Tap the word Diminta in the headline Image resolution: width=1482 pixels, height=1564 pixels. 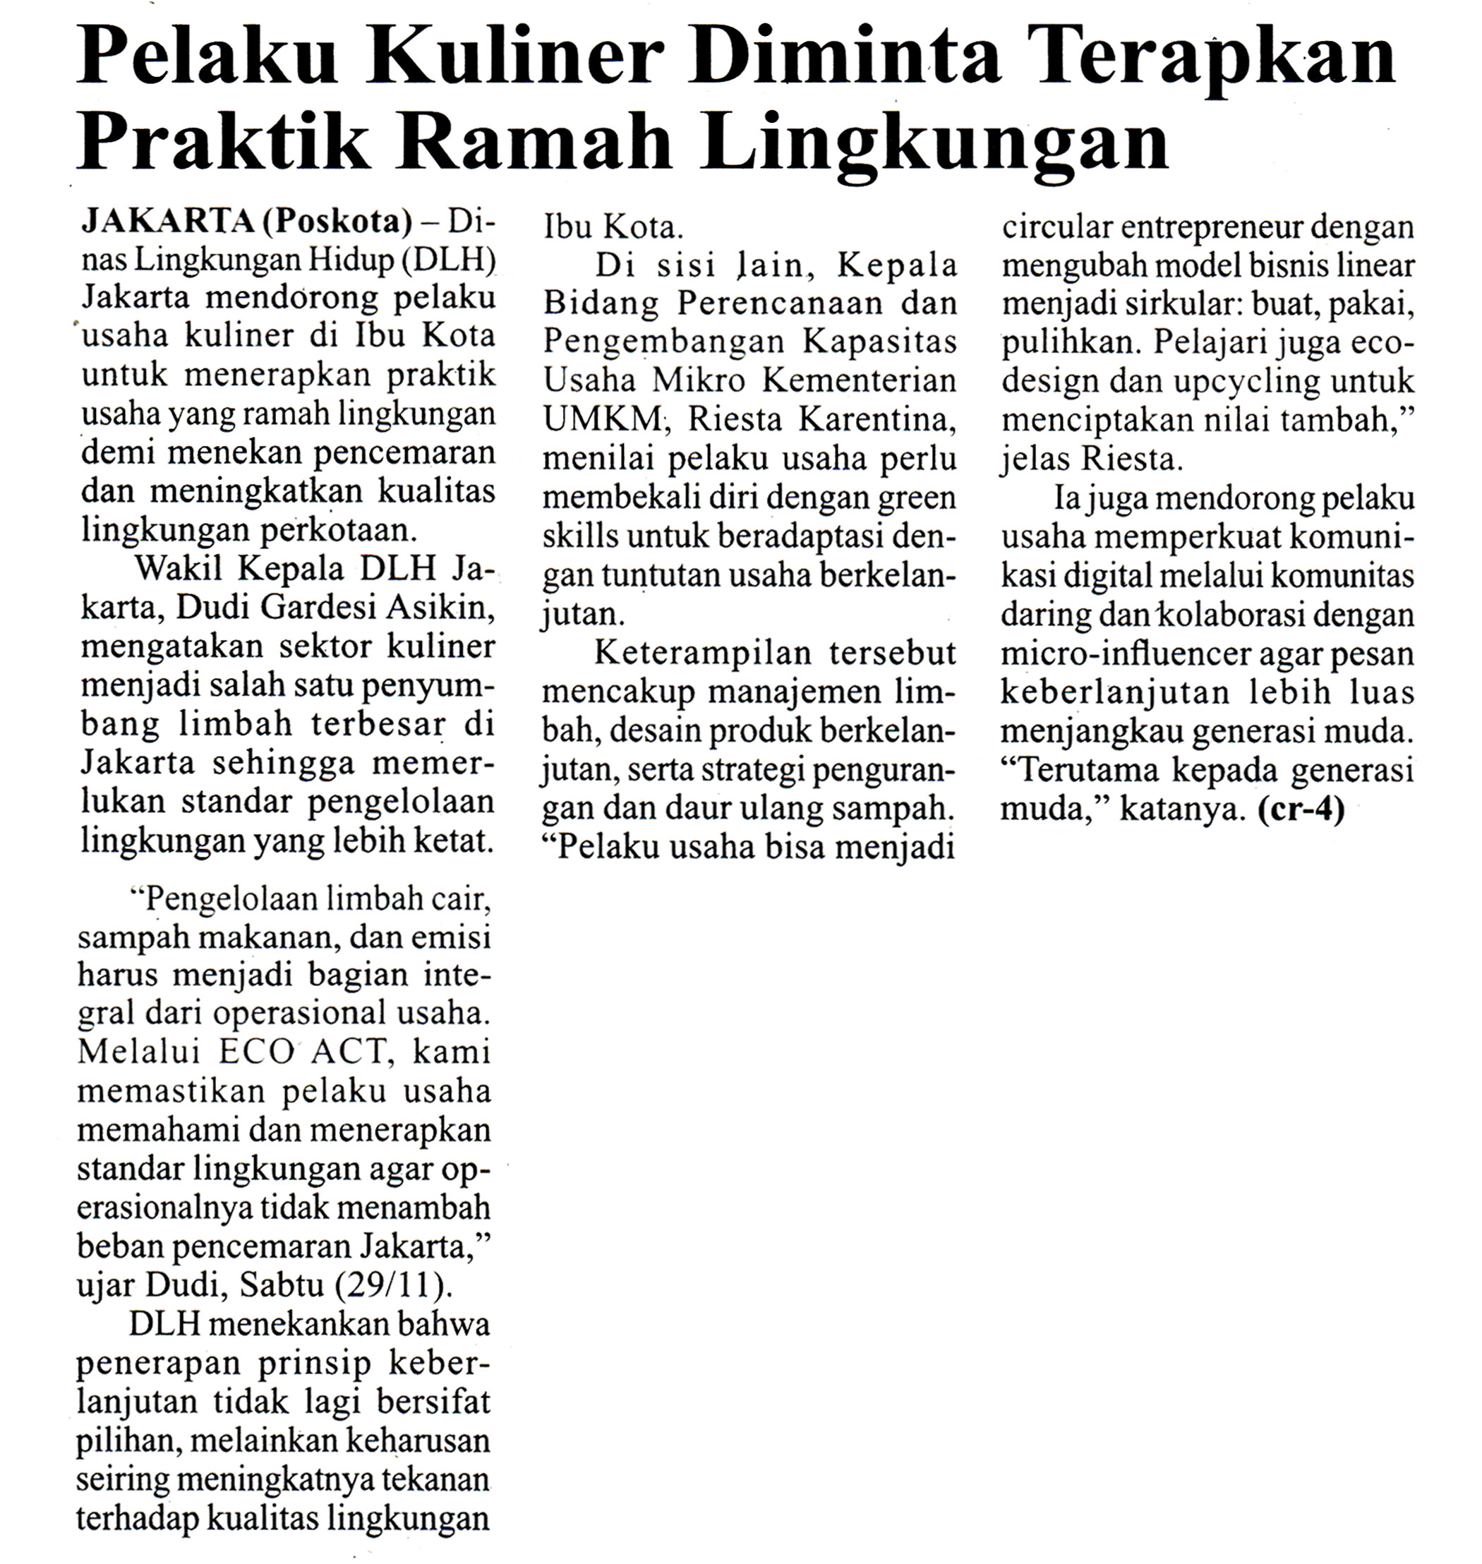(845, 58)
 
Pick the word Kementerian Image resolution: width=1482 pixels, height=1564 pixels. (860, 380)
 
